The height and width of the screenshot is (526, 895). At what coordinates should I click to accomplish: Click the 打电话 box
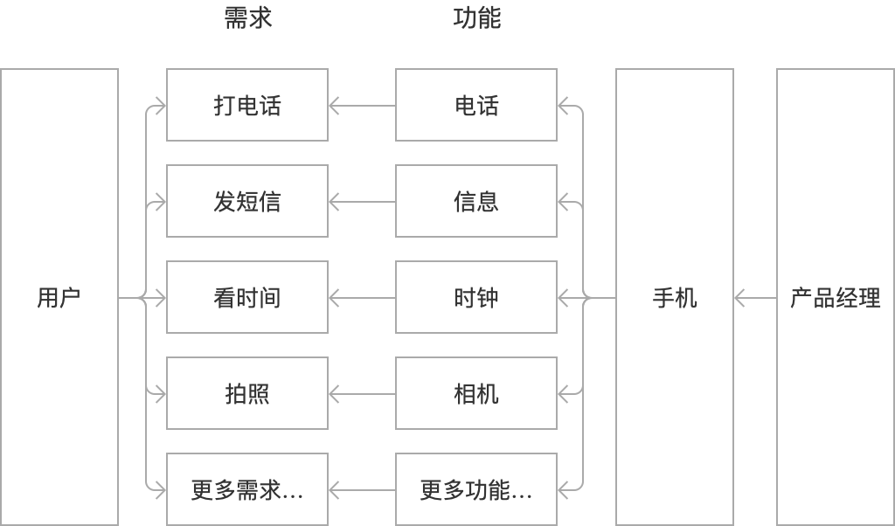pyautogui.click(x=247, y=105)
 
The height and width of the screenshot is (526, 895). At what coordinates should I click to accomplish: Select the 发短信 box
pyautogui.click(x=247, y=201)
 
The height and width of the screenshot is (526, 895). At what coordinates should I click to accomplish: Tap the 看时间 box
pyautogui.click(x=247, y=297)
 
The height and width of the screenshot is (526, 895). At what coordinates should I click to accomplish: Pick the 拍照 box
pyautogui.click(x=247, y=393)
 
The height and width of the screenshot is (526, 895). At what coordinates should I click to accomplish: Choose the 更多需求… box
pyautogui.click(x=247, y=489)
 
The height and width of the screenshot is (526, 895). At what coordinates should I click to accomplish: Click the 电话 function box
pyautogui.click(x=476, y=105)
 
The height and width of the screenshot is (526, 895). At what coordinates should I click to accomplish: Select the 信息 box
pyautogui.click(x=476, y=201)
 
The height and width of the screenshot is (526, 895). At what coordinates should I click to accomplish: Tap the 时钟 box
pyautogui.click(x=476, y=297)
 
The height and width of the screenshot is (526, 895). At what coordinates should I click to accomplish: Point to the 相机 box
pyautogui.click(x=476, y=393)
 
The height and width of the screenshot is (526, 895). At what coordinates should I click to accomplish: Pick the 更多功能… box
pyautogui.click(x=476, y=489)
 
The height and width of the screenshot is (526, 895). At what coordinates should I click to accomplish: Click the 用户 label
pyautogui.click(x=59, y=298)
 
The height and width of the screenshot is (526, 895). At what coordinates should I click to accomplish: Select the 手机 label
pyautogui.click(x=675, y=298)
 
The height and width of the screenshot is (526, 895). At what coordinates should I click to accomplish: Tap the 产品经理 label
pyautogui.click(x=835, y=298)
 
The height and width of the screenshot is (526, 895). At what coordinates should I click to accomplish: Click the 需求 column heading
pyautogui.click(x=248, y=18)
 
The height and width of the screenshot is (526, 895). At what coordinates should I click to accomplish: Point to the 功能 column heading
pyautogui.click(x=477, y=18)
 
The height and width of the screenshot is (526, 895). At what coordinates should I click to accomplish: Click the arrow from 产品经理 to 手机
pyautogui.click(x=755, y=299)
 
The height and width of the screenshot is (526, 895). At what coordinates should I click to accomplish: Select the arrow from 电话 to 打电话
pyautogui.click(x=362, y=107)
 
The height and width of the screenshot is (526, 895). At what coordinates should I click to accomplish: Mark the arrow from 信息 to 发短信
pyautogui.click(x=362, y=203)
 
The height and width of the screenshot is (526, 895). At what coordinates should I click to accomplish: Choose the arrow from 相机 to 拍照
pyautogui.click(x=362, y=395)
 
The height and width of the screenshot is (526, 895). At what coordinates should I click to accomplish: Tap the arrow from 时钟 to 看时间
pyautogui.click(x=362, y=299)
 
